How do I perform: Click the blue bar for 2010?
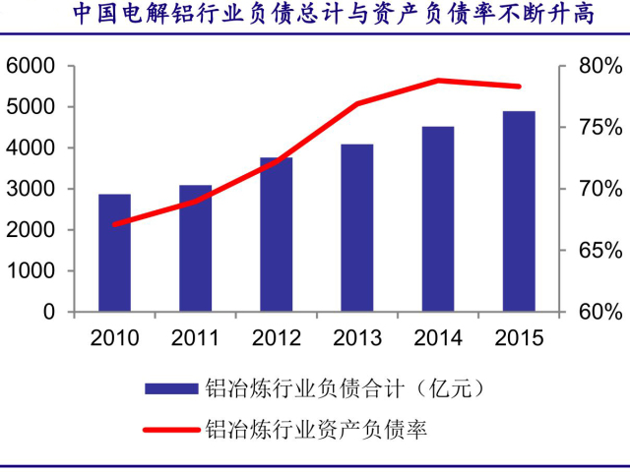(x=114, y=253)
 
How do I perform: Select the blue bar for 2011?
(x=195, y=248)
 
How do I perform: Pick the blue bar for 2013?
(x=357, y=227)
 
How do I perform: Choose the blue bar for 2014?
(x=438, y=218)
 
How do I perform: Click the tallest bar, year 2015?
(x=519, y=211)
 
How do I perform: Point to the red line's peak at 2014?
(x=438, y=81)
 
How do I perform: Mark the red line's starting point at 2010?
(x=114, y=224)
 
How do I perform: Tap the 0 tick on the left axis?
(x=48, y=312)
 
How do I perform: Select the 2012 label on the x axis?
(x=277, y=338)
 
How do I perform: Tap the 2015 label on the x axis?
(x=519, y=338)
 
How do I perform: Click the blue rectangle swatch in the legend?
(x=169, y=388)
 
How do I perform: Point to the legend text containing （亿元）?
(x=345, y=388)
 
